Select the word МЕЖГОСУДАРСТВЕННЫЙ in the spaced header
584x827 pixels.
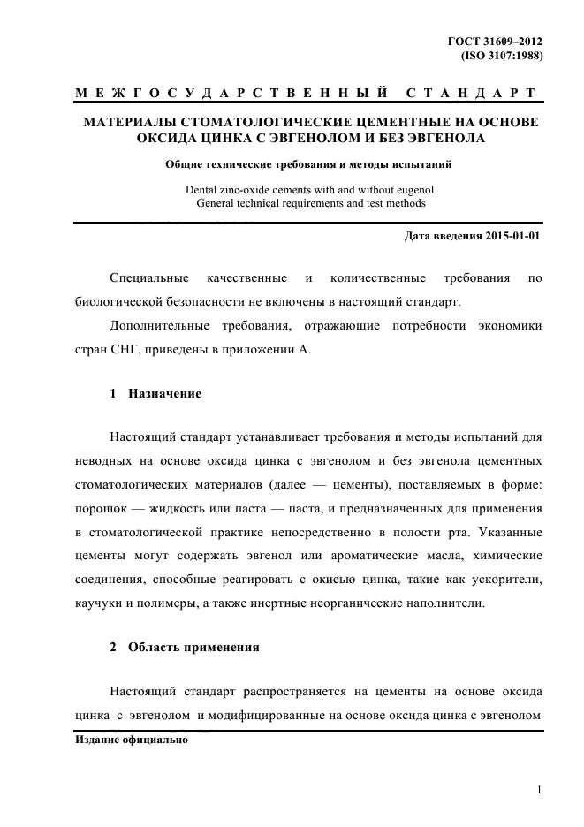[x=233, y=94]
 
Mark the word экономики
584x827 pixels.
[x=505, y=326]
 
